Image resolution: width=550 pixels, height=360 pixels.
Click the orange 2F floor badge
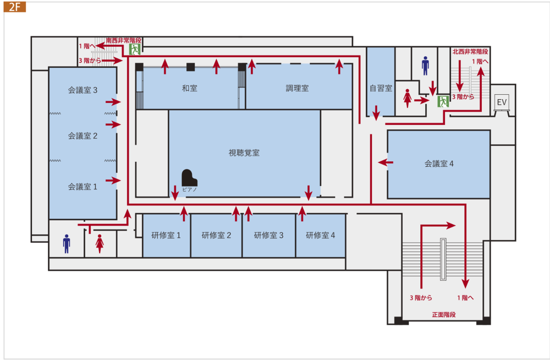pos(15,7)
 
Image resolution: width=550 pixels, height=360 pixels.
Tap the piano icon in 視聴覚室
pos(189,178)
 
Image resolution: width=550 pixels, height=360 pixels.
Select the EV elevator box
pos(502,102)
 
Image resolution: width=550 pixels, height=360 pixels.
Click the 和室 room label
pos(189,88)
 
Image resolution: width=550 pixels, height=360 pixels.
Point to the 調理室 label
pos(297,88)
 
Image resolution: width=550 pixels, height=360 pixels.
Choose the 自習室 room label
pos(381,88)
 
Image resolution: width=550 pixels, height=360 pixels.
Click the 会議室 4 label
pos(439,163)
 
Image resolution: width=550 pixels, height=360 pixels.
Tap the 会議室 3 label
pos(82,90)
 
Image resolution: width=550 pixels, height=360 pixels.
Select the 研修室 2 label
pos(216,235)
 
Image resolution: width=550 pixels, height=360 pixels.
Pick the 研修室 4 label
pos(320,235)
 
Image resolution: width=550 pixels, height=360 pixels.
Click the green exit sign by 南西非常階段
pos(135,49)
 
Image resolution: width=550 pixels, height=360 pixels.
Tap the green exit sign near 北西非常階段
pos(443,101)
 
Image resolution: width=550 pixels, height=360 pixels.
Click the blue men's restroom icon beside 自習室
pos(425,66)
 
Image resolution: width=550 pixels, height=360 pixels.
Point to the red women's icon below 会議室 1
pos(100,243)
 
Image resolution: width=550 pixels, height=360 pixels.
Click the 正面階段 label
pos(444,315)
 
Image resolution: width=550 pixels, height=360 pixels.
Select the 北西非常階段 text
pos(470,52)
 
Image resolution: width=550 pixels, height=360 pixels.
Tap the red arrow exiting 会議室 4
pos(386,162)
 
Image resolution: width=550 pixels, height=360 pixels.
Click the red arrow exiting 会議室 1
pos(113,181)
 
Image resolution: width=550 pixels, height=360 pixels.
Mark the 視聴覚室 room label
pos(244,153)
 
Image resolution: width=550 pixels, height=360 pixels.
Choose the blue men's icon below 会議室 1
pos(67,243)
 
